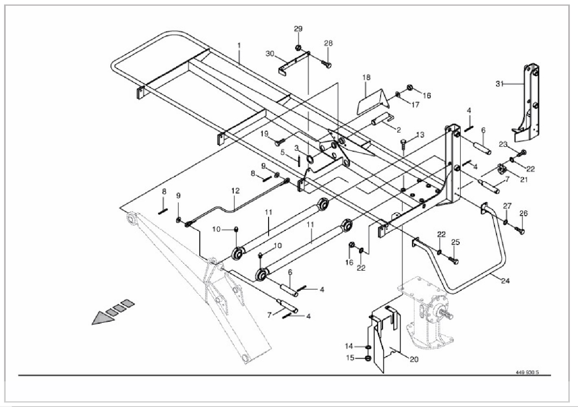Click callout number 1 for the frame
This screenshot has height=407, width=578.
239,45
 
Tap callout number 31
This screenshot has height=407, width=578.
499,84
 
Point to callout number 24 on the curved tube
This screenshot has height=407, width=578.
505,281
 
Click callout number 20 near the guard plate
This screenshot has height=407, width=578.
414,359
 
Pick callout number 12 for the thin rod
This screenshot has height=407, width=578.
236,190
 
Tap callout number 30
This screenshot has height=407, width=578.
270,54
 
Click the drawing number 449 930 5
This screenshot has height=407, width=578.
527,372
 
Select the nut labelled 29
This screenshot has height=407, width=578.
298,48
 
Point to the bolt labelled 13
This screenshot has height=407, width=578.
403,142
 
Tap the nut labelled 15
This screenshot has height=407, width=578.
367,358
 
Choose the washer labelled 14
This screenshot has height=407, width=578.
368,347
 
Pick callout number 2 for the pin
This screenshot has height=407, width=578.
398,130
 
